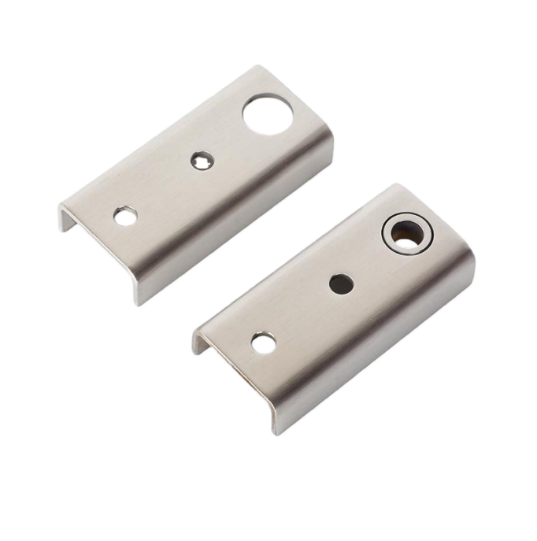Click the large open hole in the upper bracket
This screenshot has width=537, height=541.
click(x=267, y=113)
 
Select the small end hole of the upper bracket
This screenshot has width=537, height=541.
click(x=125, y=217)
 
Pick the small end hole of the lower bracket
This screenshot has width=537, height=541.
click(x=263, y=343)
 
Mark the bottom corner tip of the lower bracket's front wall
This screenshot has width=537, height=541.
click(x=276, y=432)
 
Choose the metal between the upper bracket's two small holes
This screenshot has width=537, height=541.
click(x=161, y=189)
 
